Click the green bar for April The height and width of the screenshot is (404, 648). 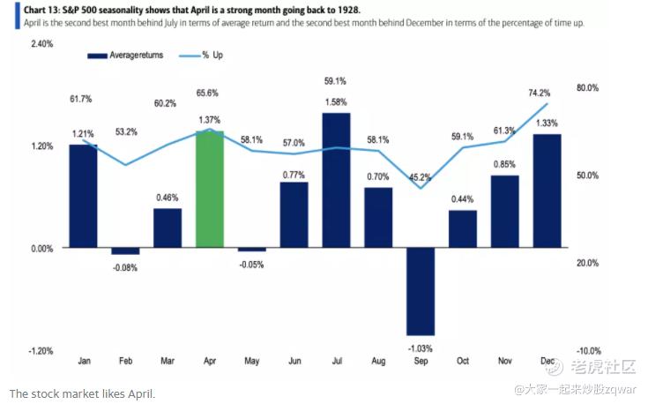click(209, 190)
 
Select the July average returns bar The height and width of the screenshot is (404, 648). click(336, 181)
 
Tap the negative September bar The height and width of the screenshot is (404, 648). click(420, 291)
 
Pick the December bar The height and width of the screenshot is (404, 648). click(547, 191)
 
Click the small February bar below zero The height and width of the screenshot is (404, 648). click(125, 251)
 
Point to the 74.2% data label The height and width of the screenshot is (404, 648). click(540, 92)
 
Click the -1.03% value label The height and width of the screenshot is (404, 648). click(420, 348)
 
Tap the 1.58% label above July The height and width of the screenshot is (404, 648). click(336, 102)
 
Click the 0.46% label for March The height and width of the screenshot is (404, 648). click(168, 198)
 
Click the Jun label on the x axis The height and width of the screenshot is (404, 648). click(294, 361)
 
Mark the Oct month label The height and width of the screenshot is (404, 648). click(462, 361)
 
